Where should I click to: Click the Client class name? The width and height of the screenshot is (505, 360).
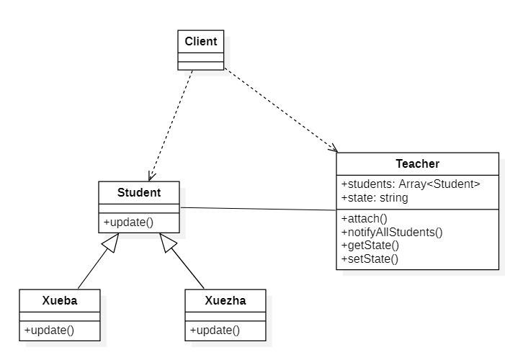[200, 41]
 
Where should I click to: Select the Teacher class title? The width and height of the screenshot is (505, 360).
[417, 164]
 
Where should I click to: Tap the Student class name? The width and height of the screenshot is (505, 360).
[139, 192]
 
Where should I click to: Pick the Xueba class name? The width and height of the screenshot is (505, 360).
[59, 300]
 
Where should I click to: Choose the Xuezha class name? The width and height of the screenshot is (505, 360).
[225, 300]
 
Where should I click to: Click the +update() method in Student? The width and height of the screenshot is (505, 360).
[129, 222]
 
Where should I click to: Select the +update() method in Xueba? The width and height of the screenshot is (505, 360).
[50, 330]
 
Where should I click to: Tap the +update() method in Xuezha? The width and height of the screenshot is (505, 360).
[215, 330]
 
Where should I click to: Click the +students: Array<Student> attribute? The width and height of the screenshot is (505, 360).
[411, 184]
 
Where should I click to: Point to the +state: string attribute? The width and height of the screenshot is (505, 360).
[375, 197]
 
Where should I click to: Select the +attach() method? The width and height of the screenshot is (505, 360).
[364, 218]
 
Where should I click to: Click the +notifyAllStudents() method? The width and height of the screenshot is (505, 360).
[392, 232]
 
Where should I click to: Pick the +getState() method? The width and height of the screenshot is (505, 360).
[370, 245]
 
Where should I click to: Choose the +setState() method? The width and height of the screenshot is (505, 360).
[370, 258]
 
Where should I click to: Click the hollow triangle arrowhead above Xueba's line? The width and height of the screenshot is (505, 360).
[110, 243]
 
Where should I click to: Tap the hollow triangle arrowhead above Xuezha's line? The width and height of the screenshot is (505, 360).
[168, 243]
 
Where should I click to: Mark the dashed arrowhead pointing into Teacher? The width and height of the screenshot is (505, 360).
[334, 149]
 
